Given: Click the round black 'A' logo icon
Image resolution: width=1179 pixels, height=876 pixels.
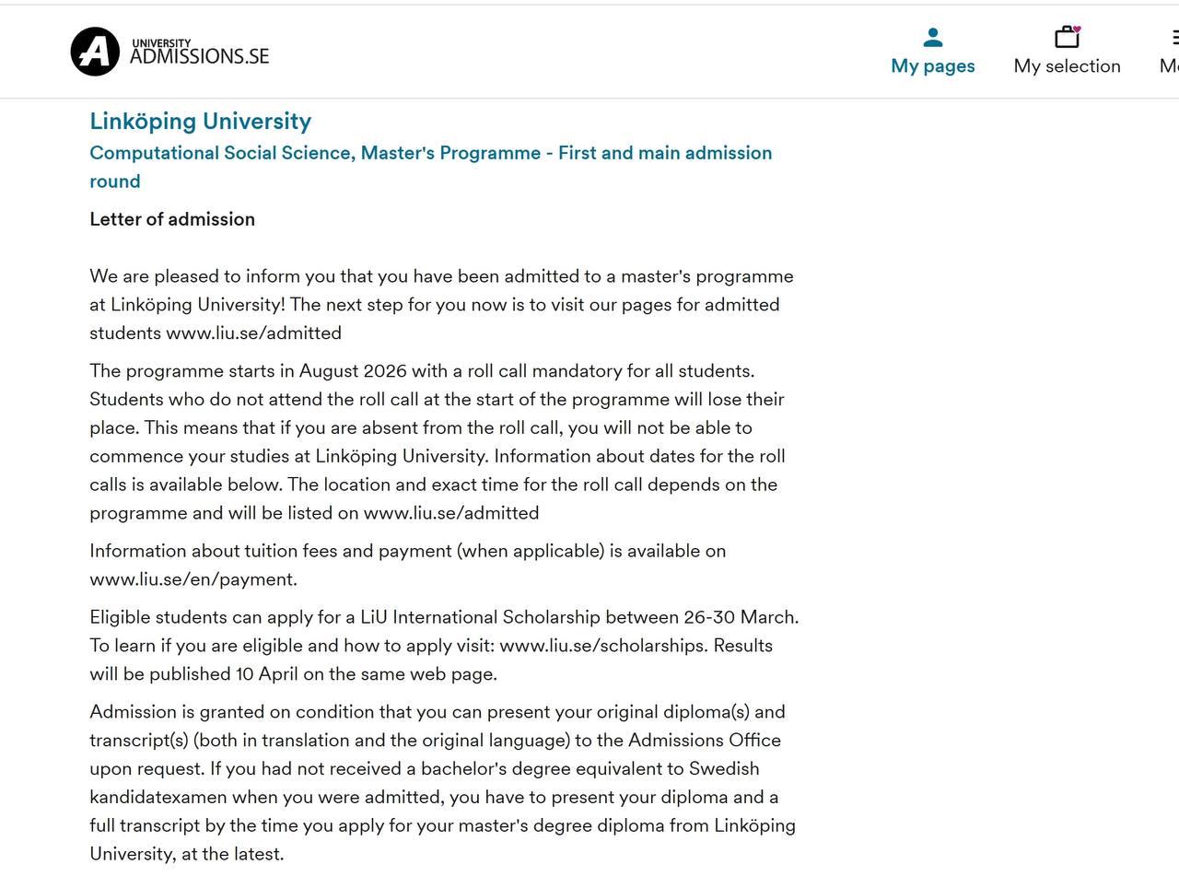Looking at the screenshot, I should tap(95, 51).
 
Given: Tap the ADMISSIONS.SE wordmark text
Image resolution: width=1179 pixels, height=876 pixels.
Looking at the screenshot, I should tap(199, 56).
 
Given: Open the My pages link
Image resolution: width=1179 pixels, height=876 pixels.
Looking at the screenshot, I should tap(932, 66).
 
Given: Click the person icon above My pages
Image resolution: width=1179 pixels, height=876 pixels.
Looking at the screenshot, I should tap(933, 38).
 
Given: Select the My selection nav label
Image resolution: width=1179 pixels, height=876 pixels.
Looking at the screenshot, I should tap(1067, 66).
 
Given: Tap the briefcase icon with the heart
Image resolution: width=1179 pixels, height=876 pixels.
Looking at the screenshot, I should tap(1068, 37).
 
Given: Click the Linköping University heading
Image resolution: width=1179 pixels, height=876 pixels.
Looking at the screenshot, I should tap(200, 122).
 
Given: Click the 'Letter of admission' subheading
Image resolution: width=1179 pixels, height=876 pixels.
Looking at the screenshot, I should tap(172, 219).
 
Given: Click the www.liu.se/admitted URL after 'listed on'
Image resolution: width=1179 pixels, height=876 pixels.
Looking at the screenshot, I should tap(450, 513).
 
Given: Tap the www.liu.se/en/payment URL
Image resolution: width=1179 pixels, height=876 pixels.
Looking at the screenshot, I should tap(193, 579).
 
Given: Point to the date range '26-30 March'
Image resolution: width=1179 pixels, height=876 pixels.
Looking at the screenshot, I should tap(741, 617).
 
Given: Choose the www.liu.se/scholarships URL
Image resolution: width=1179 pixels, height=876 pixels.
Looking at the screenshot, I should tap(603, 646).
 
